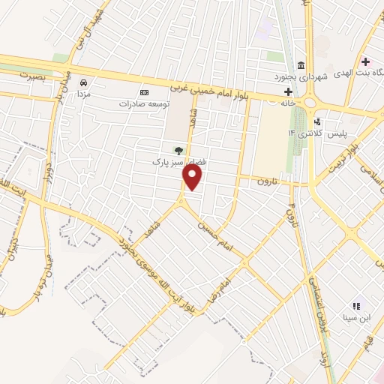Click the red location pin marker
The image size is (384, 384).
[x=193, y=178]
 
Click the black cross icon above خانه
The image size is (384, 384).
[x=288, y=91]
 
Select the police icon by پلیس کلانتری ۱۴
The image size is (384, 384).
[x=318, y=121]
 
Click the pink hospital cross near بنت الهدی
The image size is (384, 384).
[x=365, y=61]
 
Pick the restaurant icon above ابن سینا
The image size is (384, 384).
[x=357, y=305]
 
